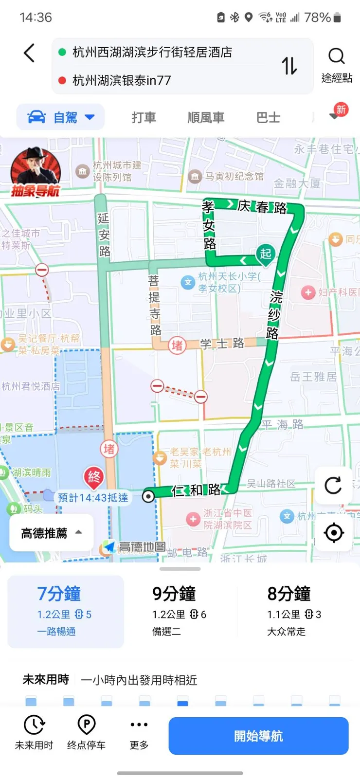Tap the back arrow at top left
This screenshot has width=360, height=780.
click(x=29, y=53)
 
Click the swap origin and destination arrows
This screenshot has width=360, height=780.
click(x=289, y=66)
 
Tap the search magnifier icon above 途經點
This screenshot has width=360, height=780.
click(x=336, y=56)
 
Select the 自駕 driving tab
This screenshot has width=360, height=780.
click(x=61, y=117)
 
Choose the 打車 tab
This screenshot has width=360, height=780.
click(x=144, y=117)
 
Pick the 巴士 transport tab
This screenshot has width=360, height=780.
click(x=268, y=117)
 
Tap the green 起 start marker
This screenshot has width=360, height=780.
click(x=265, y=254)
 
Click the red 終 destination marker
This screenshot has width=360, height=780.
click(x=94, y=477)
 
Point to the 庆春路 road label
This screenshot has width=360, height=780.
click(x=262, y=207)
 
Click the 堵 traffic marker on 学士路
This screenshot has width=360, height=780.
click(x=177, y=345)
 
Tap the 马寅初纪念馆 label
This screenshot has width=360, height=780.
click(x=234, y=176)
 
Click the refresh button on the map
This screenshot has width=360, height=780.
click(x=333, y=485)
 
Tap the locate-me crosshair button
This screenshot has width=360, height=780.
click(x=333, y=533)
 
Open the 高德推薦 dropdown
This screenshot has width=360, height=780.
click(x=51, y=533)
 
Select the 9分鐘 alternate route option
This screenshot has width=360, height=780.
click(x=180, y=611)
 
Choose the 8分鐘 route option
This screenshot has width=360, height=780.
click(x=294, y=611)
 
